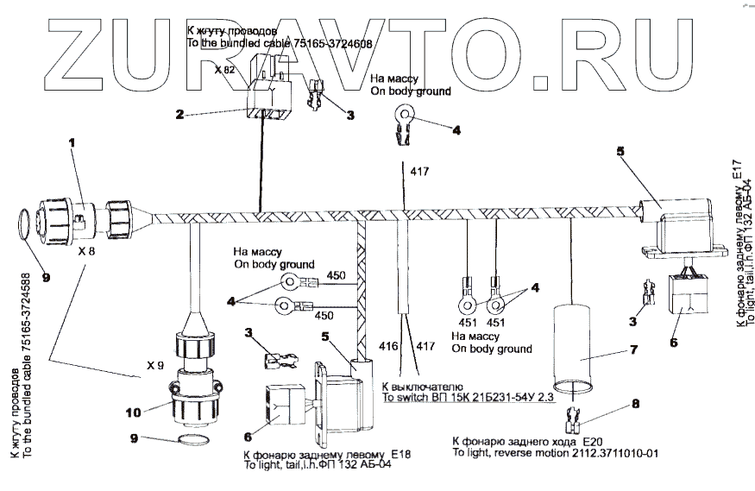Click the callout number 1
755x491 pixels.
[72, 142]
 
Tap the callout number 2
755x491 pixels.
[179, 113]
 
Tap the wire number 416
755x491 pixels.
[387, 347]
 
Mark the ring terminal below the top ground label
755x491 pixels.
[403, 115]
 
